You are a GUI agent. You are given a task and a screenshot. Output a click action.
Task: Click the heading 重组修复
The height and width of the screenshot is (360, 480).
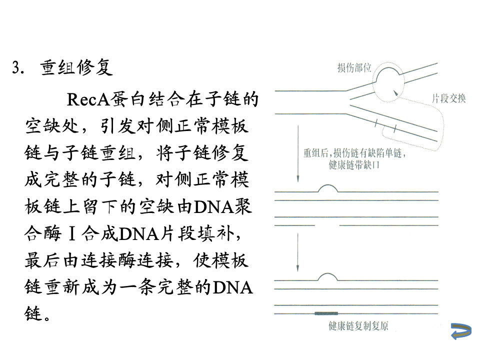click(76, 68)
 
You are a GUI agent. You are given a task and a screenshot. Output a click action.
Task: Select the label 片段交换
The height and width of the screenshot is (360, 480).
click(448, 98)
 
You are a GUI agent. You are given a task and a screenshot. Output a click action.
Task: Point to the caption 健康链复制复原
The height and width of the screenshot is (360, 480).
click(358, 326)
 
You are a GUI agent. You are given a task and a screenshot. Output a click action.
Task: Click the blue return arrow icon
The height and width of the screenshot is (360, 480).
click(460, 330)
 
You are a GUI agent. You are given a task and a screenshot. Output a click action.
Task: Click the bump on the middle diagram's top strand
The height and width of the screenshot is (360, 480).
click(327, 188)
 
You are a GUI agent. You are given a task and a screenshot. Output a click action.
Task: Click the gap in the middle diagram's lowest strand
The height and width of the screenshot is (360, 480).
click(327, 225)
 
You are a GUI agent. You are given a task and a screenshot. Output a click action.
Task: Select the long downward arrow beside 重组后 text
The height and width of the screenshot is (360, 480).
click(298, 155)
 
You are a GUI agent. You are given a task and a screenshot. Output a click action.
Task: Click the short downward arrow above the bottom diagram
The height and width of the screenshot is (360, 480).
click(298, 250)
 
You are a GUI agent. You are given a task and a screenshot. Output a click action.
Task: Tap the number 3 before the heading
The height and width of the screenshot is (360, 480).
click(15, 68)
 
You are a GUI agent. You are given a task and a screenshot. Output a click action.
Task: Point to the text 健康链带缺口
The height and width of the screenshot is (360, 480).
click(354, 165)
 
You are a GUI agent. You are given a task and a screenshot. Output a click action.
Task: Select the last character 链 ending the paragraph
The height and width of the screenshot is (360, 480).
click(31, 314)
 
